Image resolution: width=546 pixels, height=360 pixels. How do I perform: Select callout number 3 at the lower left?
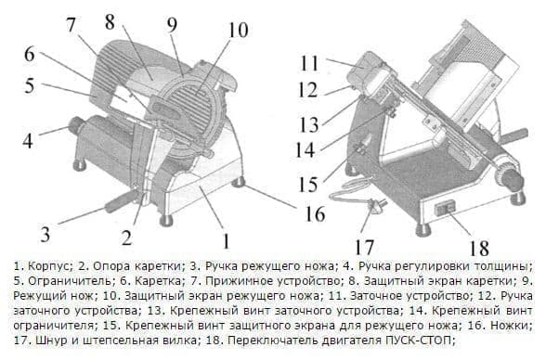point(43,231)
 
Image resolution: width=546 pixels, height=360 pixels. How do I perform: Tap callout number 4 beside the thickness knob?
point(27,142)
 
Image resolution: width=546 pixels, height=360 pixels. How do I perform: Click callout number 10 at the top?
point(238,30)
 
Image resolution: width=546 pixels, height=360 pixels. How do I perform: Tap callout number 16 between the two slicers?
point(316,214)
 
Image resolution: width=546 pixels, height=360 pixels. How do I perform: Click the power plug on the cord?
point(379,203)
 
